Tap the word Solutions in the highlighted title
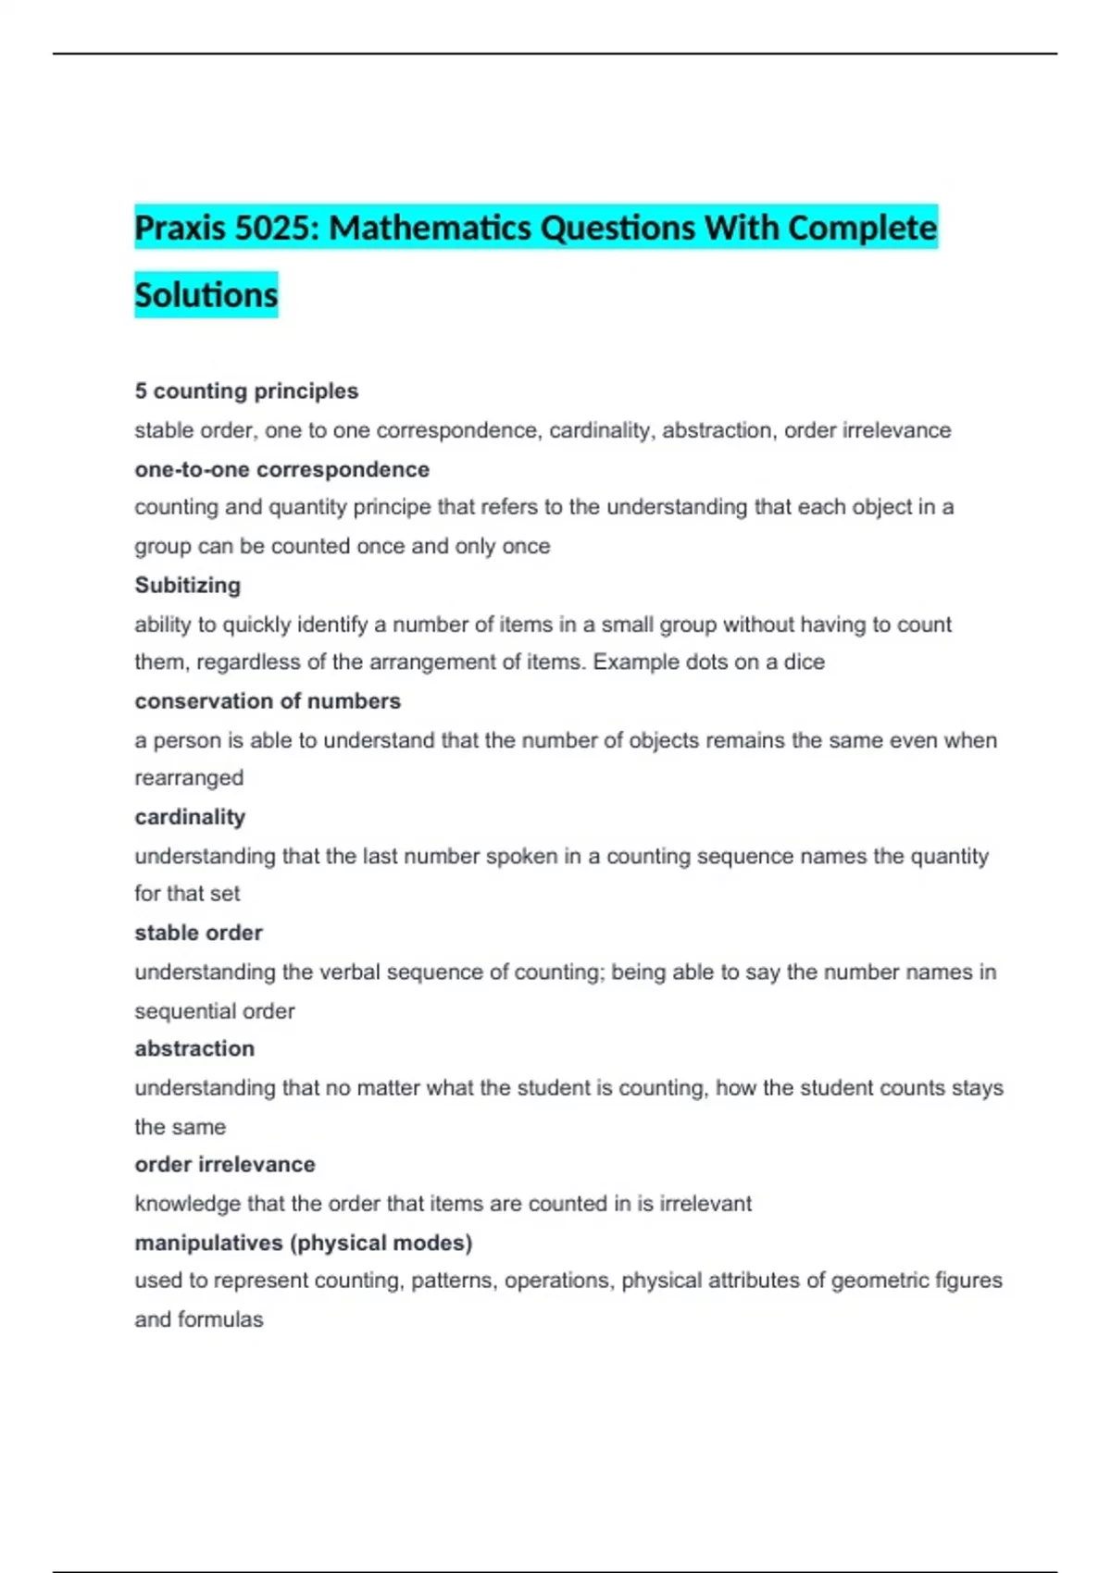click(206, 295)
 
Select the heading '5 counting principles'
click(246, 390)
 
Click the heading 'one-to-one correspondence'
click(281, 469)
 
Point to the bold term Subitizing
click(187, 585)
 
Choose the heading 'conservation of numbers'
click(268, 700)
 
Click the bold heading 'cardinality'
click(190, 816)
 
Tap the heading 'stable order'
click(198, 932)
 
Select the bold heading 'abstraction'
click(194, 1048)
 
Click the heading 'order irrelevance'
click(225, 1164)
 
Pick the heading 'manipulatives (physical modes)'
click(304, 1243)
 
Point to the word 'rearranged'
click(189, 777)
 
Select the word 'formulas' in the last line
click(228, 1319)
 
